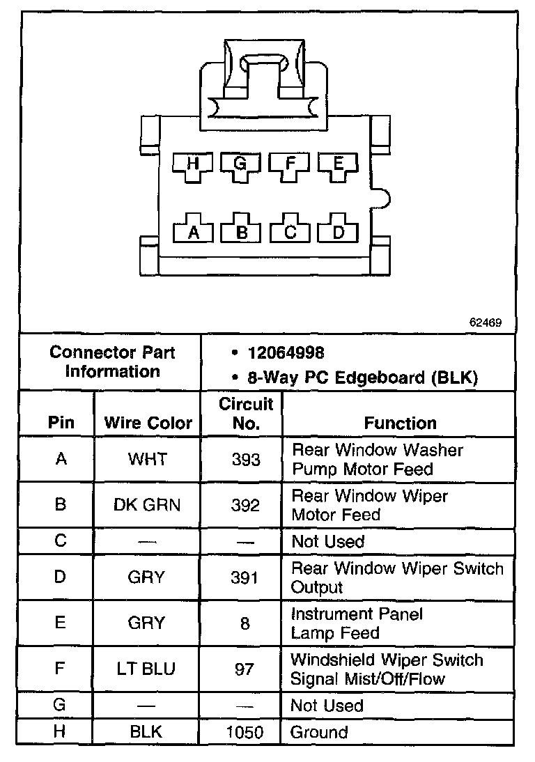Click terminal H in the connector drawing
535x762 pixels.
(193, 165)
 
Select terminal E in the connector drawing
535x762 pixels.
(339, 165)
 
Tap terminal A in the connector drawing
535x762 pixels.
(194, 233)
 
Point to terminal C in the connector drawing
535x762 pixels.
(290, 233)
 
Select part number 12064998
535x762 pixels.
(286, 353)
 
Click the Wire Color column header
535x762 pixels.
(148, 423)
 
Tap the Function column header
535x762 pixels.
(400, 423)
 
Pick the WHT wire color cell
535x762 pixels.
(147, 459)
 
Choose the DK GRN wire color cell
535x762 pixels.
(147, 505)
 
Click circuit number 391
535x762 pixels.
(245, 577)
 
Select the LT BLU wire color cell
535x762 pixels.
(147, 669)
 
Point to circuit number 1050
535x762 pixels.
(245, 732)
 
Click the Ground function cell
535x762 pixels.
(319, 732)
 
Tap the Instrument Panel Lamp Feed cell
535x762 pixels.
(357, 623)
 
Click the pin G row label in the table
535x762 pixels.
(60, 705)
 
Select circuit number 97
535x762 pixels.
(245, 669)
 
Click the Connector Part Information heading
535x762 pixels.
(112, 361)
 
